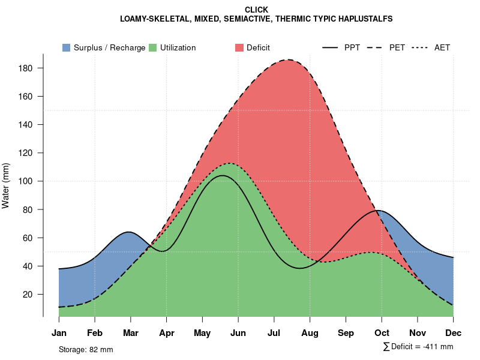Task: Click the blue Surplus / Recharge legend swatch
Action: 66,47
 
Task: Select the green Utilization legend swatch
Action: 152,47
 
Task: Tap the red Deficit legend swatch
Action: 239,47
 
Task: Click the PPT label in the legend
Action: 352,47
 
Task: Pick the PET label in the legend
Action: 397,47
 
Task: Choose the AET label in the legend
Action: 442,47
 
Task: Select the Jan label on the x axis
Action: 59,333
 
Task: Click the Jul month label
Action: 274,333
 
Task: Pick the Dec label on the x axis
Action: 454,333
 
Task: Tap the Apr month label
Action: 167,333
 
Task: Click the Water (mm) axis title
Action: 6,185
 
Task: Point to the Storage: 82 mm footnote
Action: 86,349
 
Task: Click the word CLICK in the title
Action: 256,10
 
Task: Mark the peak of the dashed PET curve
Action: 289,59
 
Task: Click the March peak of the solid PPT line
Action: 129,232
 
